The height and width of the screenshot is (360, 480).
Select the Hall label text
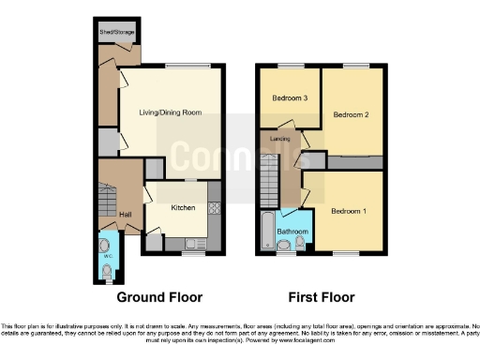[124, 214]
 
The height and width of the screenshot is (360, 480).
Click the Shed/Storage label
[118, 33]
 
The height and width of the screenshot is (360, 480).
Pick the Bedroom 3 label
[291, 97]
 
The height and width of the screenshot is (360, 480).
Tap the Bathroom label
[292, 231]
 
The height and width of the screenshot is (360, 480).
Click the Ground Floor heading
[159, 297]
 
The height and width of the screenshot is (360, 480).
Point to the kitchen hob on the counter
[214, 208]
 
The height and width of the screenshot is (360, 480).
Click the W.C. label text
[107, 253]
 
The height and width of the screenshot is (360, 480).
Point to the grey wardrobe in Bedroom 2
[353, 161]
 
